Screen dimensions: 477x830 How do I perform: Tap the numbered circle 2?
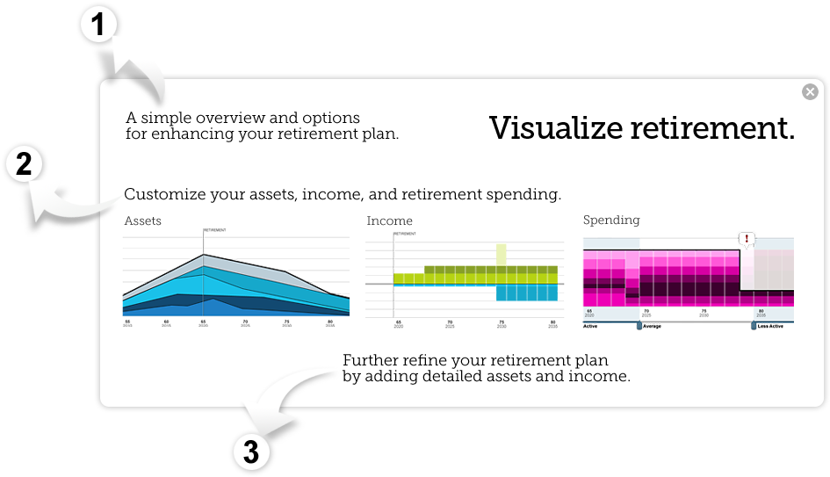[24, 164]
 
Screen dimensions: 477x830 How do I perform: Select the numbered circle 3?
[251, 452]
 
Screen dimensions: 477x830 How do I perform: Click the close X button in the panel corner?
[810, 92]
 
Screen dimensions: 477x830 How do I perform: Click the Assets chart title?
[143, 220]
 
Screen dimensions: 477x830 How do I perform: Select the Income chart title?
[389, 220]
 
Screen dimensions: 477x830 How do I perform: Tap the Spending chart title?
[611, 220]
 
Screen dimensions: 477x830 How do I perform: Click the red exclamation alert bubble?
[747, 239]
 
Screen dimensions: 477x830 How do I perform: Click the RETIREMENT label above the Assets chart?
[215, 230]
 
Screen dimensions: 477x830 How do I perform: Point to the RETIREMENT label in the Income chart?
[405, 235]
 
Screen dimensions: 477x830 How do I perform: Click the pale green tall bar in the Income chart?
[501, 255]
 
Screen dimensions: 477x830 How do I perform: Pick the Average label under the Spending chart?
[653, 326]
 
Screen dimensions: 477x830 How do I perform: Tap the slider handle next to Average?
[639, 325]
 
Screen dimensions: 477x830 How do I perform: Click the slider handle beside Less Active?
[754, 325]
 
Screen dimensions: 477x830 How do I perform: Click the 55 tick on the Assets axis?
[127, 322]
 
